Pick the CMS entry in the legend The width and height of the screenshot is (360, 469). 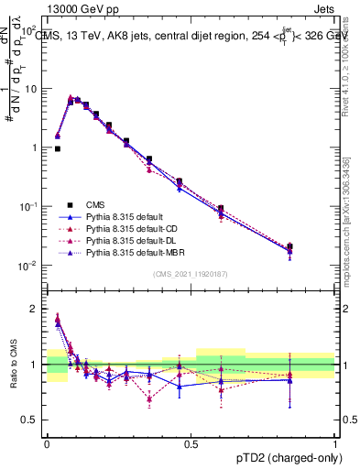(x=96, y=205)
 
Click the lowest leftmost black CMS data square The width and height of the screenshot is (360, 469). (x=57, y=148)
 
